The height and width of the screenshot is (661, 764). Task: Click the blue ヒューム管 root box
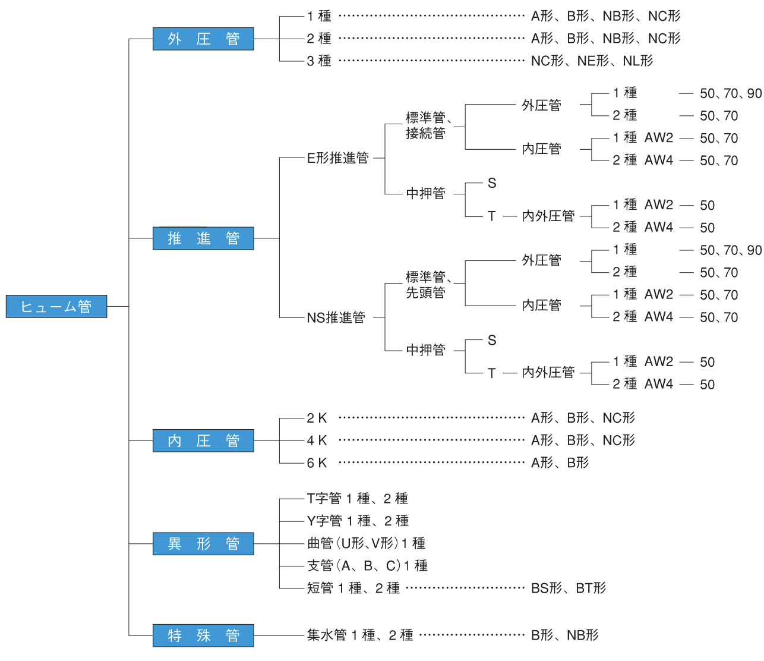pos(56,306)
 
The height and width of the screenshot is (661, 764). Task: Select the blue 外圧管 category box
pos(203,39)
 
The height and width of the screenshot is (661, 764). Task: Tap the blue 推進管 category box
pos(203,238)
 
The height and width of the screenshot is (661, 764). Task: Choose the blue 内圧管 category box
pos(203,440)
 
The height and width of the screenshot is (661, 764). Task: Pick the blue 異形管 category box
pos(203,543)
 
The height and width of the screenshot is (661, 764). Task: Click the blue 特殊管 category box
pos(203,635)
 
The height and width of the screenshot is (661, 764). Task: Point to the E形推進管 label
pos(337,158)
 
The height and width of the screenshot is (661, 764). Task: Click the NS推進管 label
pos(336,317)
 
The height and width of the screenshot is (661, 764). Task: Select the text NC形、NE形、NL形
pos(592,61)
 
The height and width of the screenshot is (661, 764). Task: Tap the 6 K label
pos(317,462)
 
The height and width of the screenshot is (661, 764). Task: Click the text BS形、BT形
pos(568,588)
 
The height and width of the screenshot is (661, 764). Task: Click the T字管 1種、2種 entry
pos(357,498)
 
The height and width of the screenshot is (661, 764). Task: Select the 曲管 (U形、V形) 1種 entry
pos(366,543)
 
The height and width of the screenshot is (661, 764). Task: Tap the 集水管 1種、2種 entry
pos(359,635)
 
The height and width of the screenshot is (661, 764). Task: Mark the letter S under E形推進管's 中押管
pos(492,183)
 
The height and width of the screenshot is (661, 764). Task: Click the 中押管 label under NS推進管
pos(425,350)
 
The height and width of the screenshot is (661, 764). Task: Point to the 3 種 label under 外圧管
pos(319,61)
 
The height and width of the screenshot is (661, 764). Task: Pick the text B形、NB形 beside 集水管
pos(564,635)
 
